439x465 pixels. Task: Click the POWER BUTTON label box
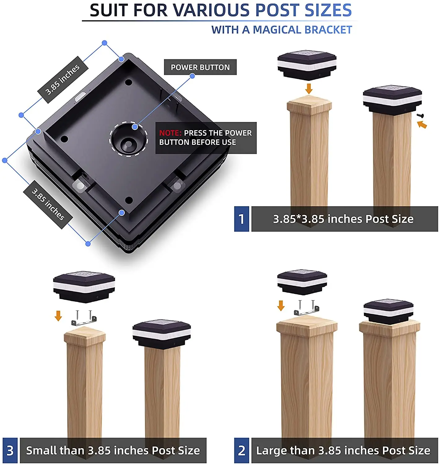(x=200, y=67)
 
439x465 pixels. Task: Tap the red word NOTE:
(x=170, y=133)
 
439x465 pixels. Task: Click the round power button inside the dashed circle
(x=128, y=144)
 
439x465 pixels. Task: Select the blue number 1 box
(x=241, y=219)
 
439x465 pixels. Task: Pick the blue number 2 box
(x=241, y=450)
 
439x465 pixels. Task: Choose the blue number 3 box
(x=10, y=450)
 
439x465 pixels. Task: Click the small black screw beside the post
(x=420, y=115)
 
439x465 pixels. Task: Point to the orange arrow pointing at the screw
(x=422, y=125)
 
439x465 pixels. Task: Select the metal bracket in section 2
(x=306, y=308)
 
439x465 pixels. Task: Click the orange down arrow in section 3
(x=58, y=316)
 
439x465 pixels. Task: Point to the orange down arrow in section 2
(x=281, y=305)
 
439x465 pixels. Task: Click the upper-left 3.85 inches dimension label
(x=63, y=80)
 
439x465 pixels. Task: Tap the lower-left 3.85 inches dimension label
(x=48, y=204)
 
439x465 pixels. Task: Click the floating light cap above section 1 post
(x=307, y=65)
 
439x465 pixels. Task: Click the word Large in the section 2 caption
(x=271, y=450)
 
